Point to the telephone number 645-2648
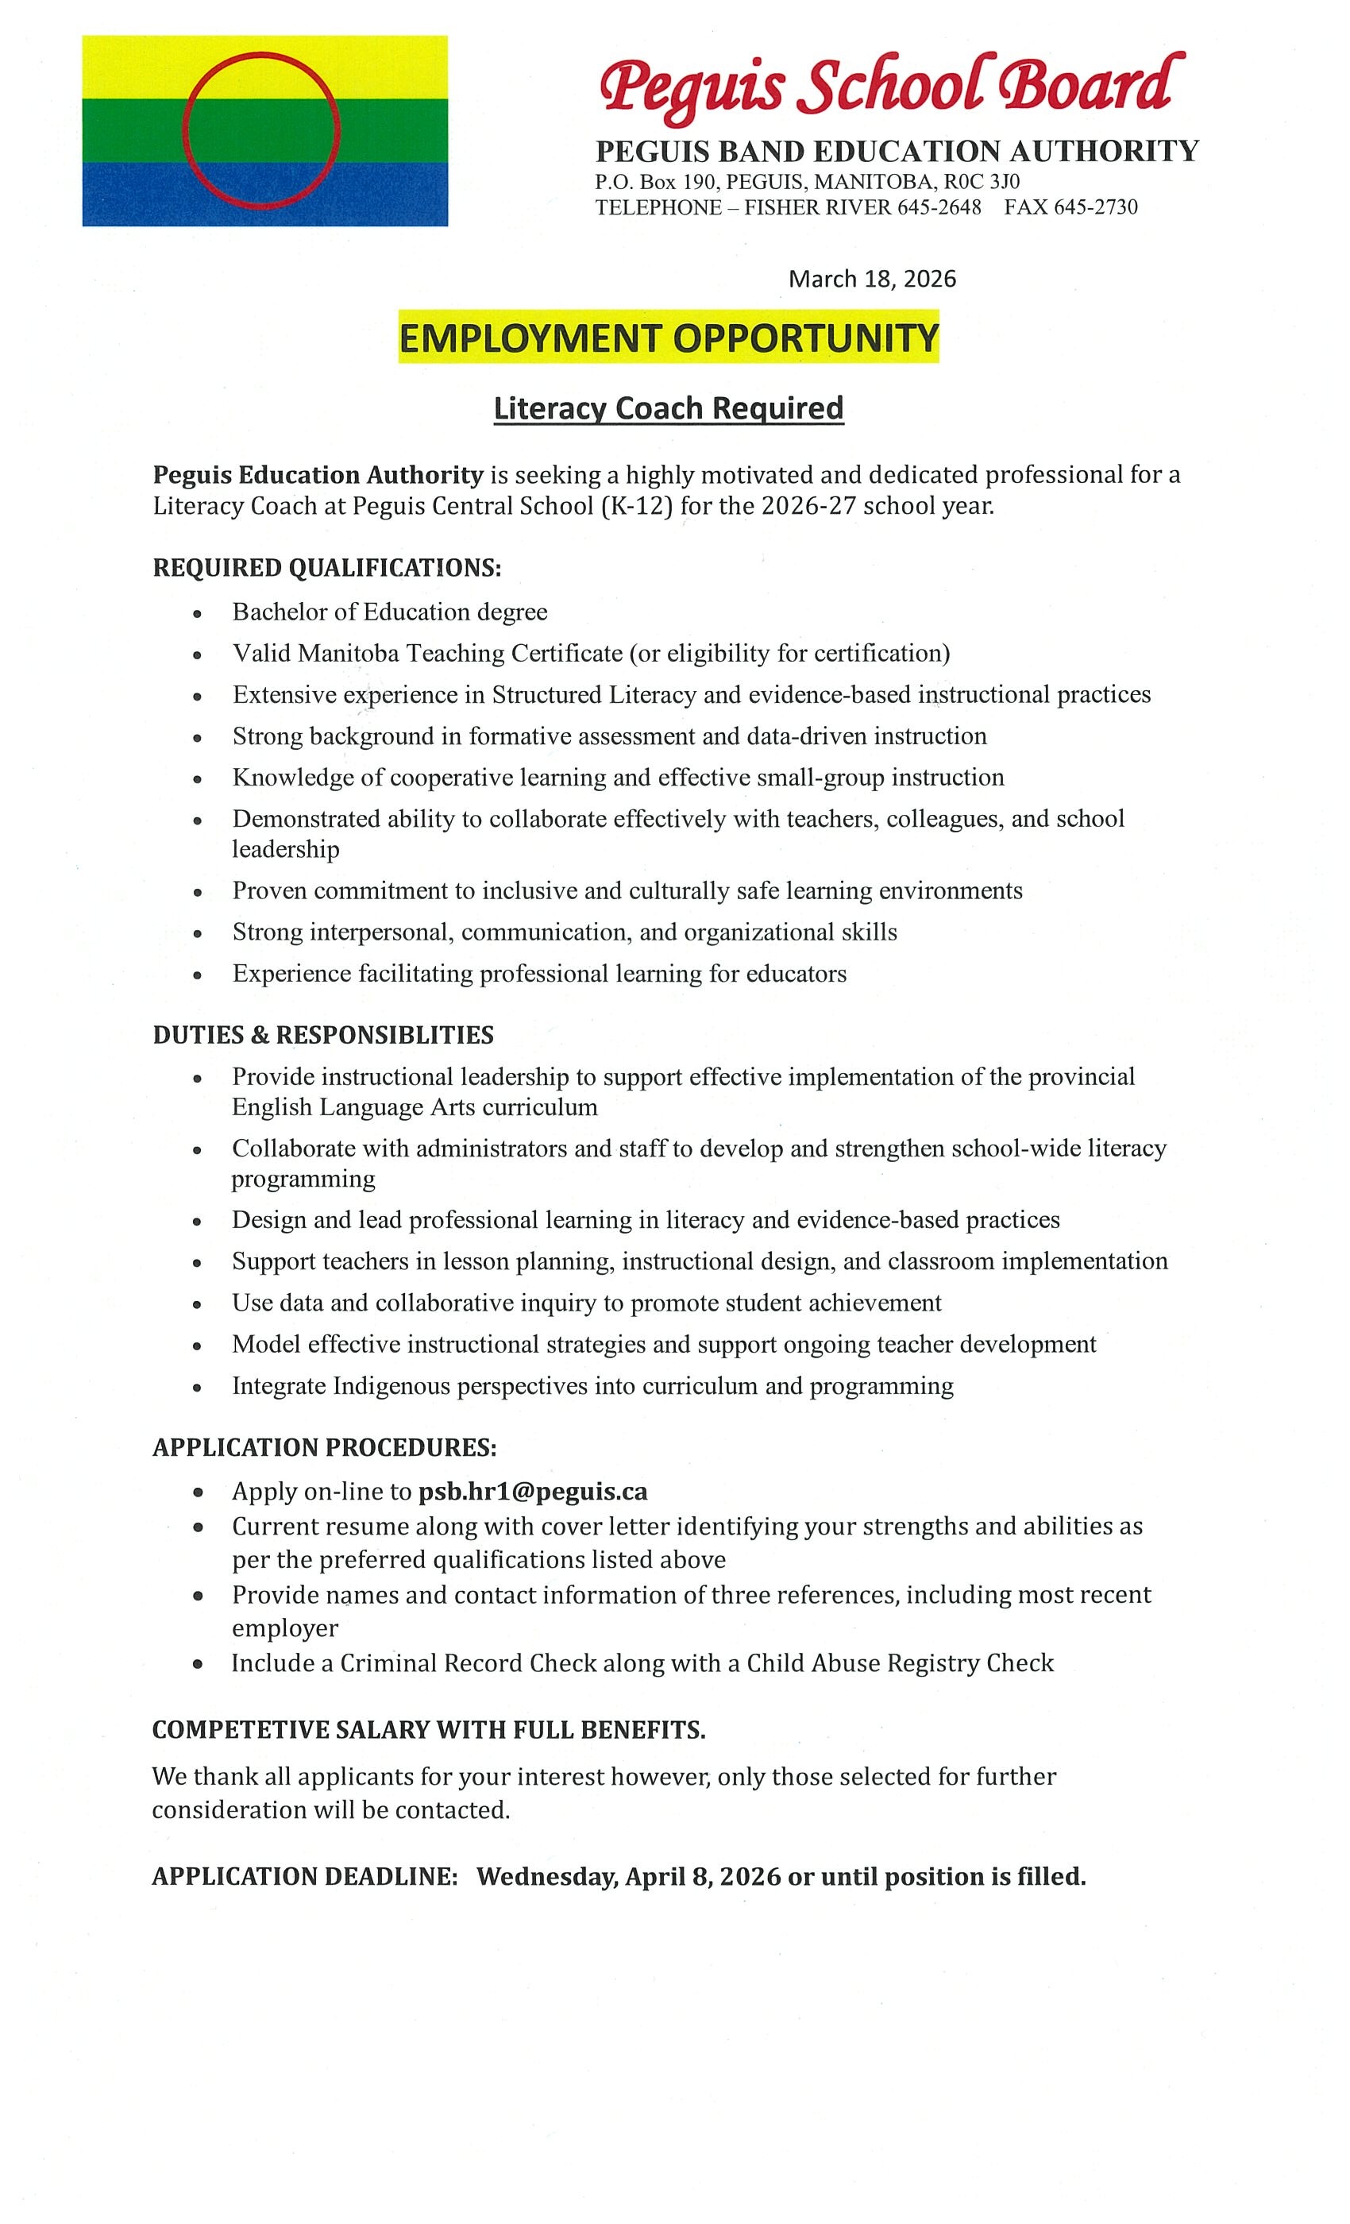tap(939, 208)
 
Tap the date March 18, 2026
tap(872, 279)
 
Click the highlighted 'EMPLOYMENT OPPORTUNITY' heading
tap(669, 338)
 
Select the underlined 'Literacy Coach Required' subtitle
tap(669, 409)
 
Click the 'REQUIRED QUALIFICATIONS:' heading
tap(326, 568)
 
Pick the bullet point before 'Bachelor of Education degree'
tap(197, 614)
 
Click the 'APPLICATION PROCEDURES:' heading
tap(325, 1448)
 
